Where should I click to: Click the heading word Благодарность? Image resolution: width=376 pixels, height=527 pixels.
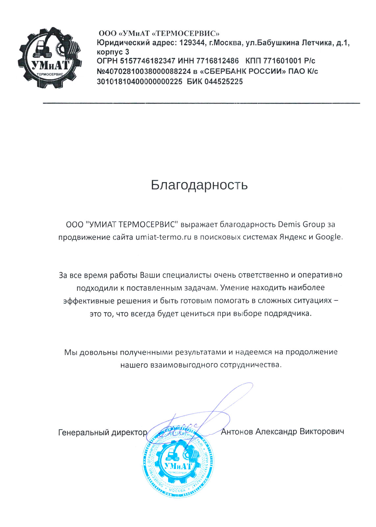point(199,185)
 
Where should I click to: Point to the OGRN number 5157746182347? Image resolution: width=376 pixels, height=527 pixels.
point(148,61)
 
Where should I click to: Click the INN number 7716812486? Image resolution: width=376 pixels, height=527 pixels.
point(217,61)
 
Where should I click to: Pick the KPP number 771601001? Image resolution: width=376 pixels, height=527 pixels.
point(282,61)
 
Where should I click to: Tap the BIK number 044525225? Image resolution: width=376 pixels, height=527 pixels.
point(224,82)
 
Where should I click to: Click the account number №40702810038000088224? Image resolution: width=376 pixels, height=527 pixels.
point(144,71)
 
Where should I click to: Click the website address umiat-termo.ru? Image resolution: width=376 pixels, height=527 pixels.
point(163,237)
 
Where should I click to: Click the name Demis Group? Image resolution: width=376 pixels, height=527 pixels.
point(301,225)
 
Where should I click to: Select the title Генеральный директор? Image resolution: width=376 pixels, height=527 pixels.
point(102,432)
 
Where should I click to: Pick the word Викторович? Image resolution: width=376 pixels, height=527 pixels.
point(322,431)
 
